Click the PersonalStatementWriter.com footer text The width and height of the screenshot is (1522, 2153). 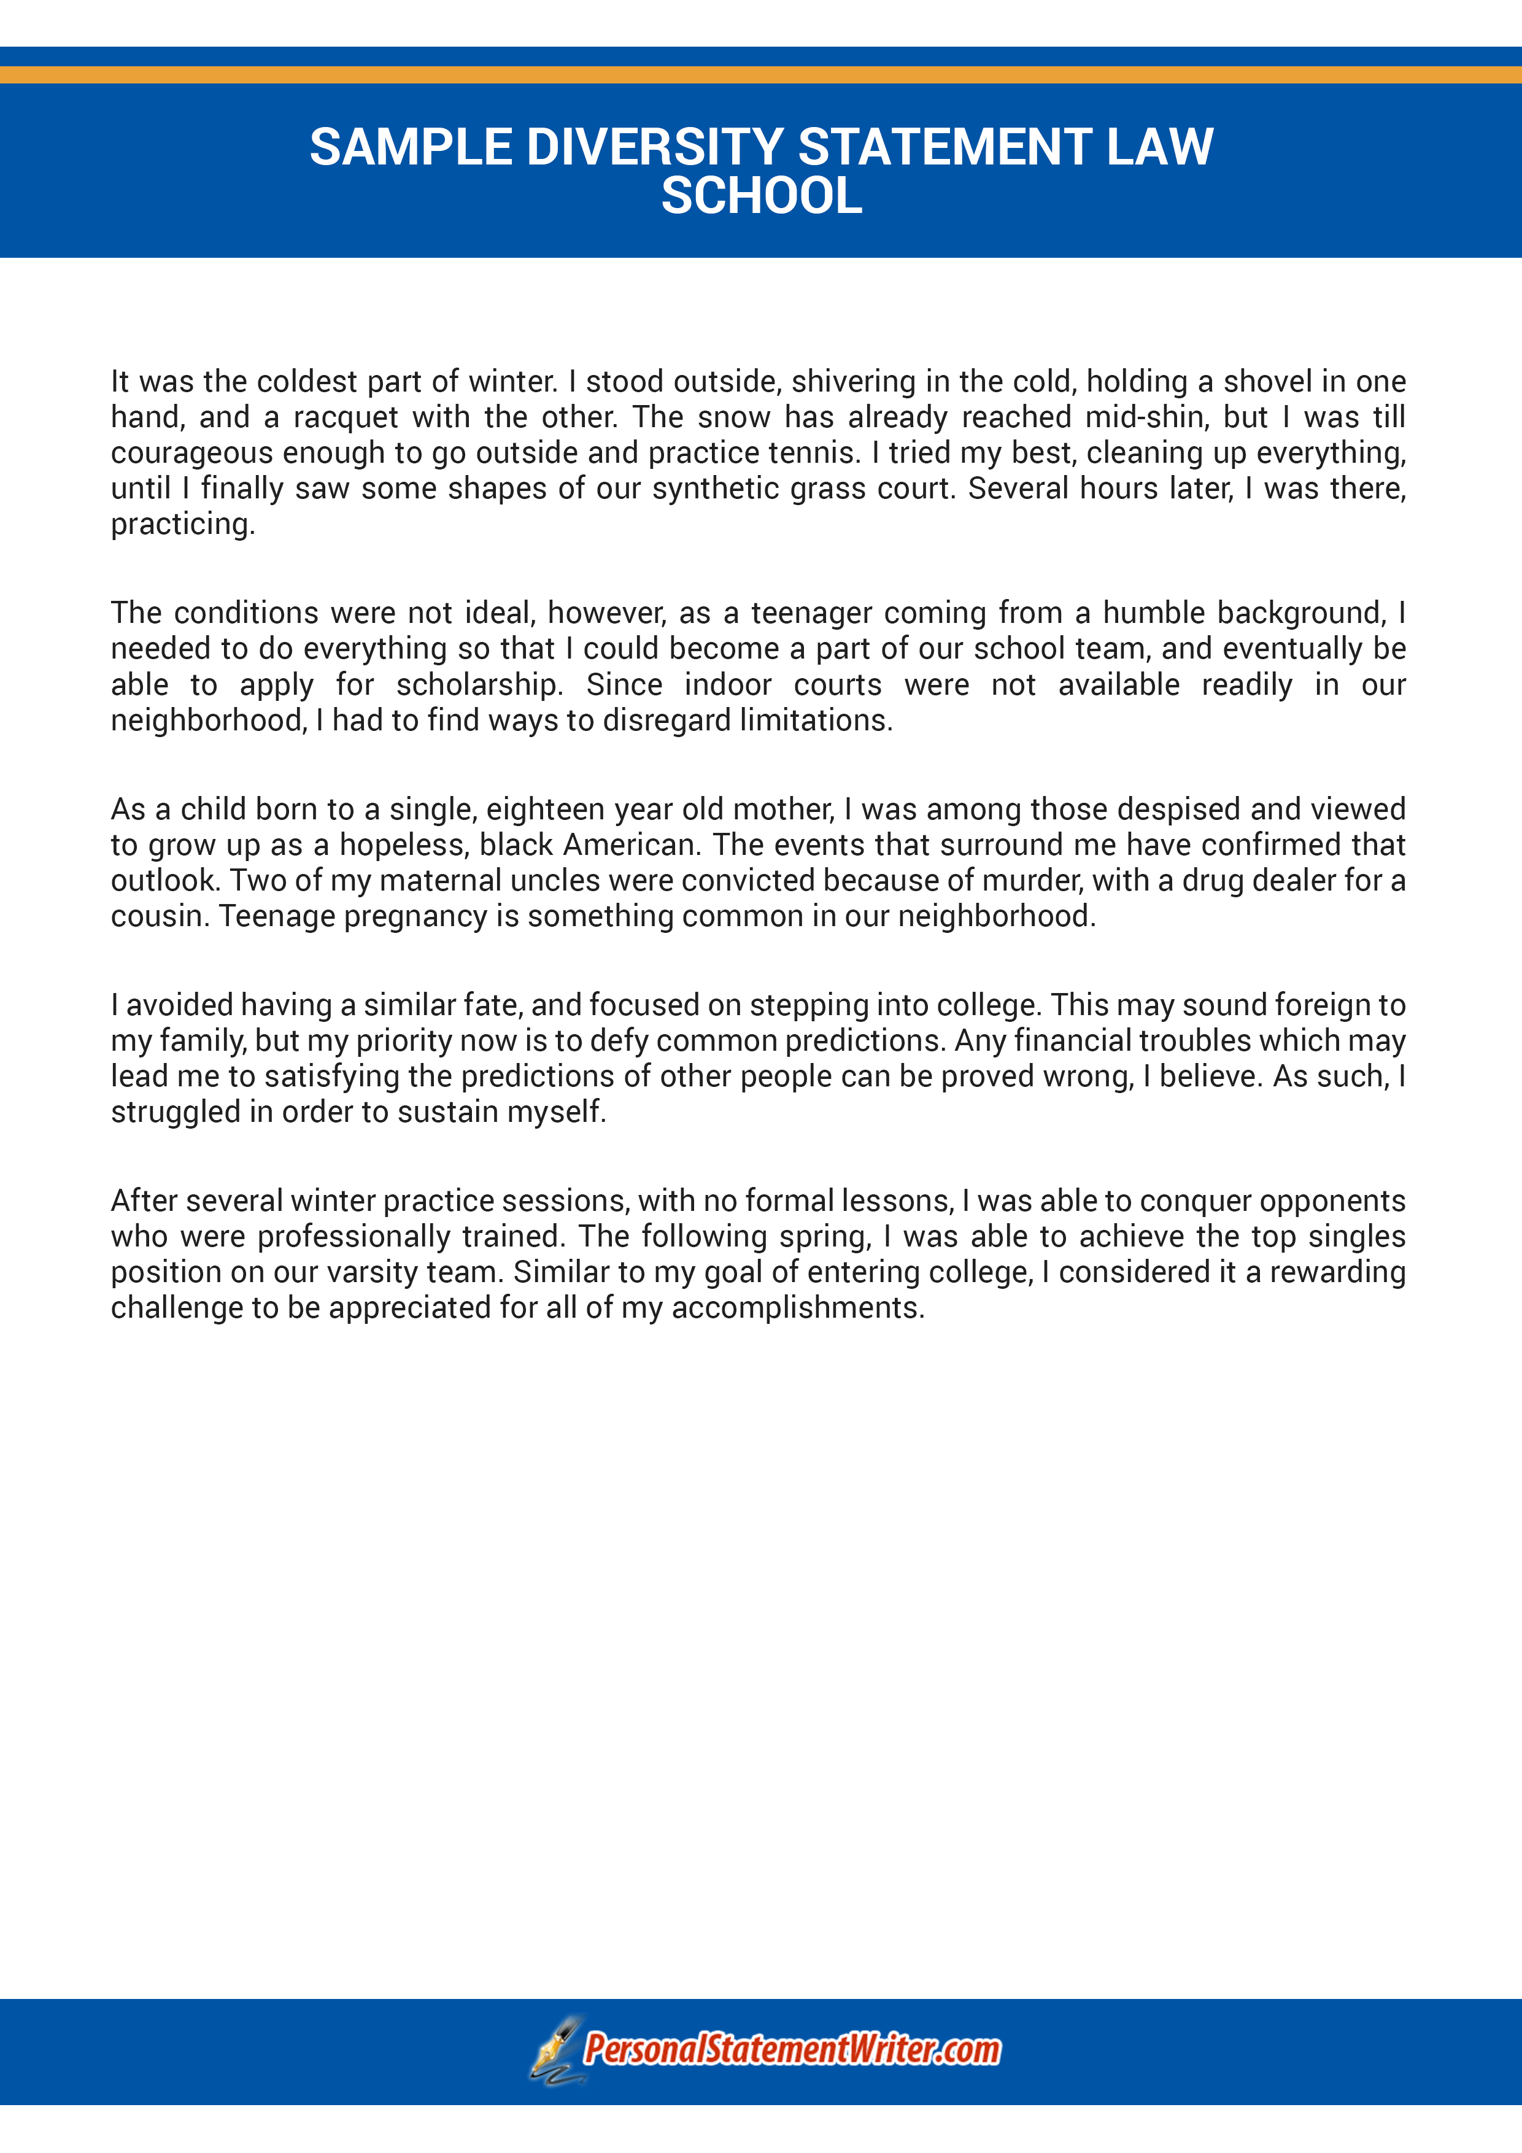(x=792, y=2050)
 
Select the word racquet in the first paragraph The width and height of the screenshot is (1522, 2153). (x=347, y=417)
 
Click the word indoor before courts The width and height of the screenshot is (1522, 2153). (x=727, y=684)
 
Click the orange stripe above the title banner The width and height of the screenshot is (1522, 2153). (x=760, y=74)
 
